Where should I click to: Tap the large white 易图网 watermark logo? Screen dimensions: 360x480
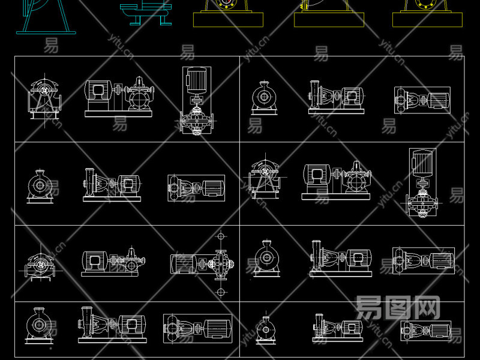tap(398, 307)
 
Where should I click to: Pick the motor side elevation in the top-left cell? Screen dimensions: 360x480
tap(119, 96)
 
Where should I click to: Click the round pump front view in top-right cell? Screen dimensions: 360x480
tap(262, 97)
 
